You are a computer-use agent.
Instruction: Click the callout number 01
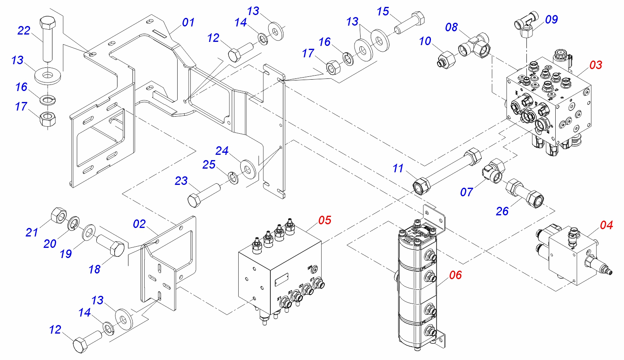tap(188, 22)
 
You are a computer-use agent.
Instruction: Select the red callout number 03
tap(596, 65)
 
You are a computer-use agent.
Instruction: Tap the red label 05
tap(325, 220)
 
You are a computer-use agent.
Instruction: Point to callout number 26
tap(502, 211)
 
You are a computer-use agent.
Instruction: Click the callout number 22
tap(24, 31)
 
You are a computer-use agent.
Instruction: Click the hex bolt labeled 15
tap(409, 24)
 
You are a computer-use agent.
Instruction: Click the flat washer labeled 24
tap(247, 168)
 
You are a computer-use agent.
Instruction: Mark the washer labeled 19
tap(89, 232)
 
